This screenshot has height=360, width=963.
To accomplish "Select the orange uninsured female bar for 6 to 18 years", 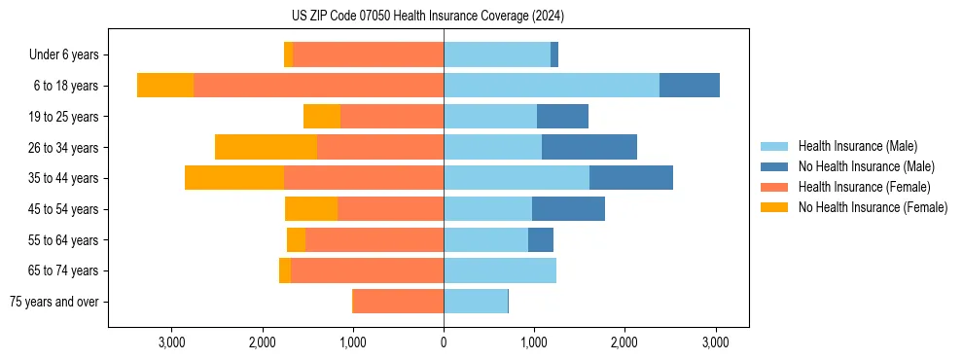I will click(x=165, y=86).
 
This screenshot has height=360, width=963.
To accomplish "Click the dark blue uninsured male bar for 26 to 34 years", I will click(x=589, y=147).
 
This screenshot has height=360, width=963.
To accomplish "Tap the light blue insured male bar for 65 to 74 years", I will click(x=500, y=270).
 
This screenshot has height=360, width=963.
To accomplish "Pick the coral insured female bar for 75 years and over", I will click(x=398, y=302).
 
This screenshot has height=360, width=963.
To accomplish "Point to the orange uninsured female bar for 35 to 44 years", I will click(x=234, y=178).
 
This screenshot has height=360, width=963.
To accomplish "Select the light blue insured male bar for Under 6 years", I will click(x=497, y=54).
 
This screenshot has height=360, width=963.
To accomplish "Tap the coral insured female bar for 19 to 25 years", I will click(x=392, y=117).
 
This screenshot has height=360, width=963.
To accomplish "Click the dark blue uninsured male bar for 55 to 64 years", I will click(x=541, y=239).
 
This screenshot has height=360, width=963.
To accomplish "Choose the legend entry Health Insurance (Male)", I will click(x=857, y=146).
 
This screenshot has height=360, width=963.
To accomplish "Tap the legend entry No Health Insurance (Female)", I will click(x=873, y=207).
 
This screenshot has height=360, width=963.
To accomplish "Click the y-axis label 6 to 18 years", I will click(x=65, y=86).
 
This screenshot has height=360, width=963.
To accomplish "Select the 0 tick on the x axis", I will click(x=444, y=342).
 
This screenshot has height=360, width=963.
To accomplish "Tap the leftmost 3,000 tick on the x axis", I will click(x=171, y=342).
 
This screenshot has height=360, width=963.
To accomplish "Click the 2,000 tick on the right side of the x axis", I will click(x=624, y=342).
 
